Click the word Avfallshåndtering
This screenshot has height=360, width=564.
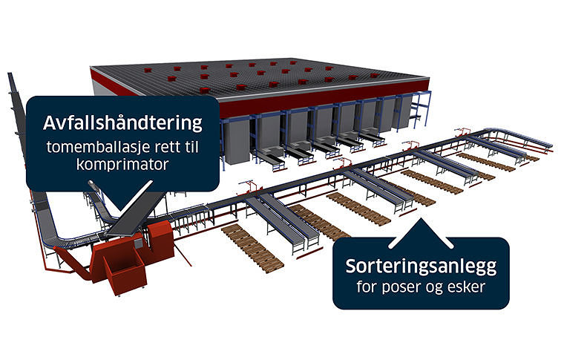(x=122, y=123)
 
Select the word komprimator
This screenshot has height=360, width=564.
(x=122, y=164)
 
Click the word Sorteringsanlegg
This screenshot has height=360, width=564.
(x=421, y=267)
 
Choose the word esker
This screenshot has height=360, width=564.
(x=467, y=287)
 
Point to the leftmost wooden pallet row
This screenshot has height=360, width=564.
(x=252, y=248)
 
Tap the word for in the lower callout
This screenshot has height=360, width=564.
(x=367, y=287)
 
